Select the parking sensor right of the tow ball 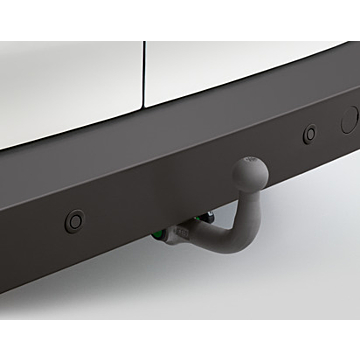(310, 133)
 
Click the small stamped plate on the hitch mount (179, 233)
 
